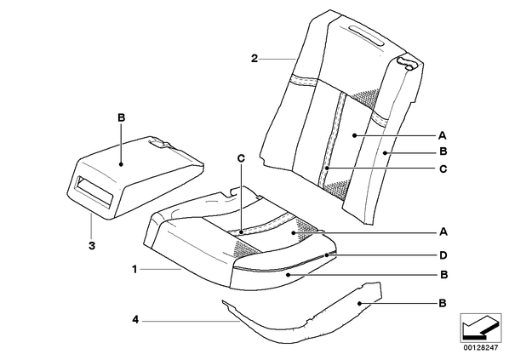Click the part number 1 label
[x=134, y=270]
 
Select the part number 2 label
[x=254, y=59]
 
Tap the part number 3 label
[x=92, y=246]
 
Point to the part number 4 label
[x=135, y=320]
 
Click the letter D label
[x=443, y=255]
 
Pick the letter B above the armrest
[x=121, y=117]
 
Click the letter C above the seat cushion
[x=241, y=158]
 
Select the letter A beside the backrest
[x=443, y=135]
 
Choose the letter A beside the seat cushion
[x=443, y=232]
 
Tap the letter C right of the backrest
[x=443, y=169]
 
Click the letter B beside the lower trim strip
[x=443, y=303]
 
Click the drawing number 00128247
[x=480, y=348]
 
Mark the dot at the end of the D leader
[x=327, y=255]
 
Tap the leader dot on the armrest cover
[x=121, y=164]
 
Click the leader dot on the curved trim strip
[x=360, y=304]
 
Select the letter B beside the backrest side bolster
[x=443, y=151]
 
